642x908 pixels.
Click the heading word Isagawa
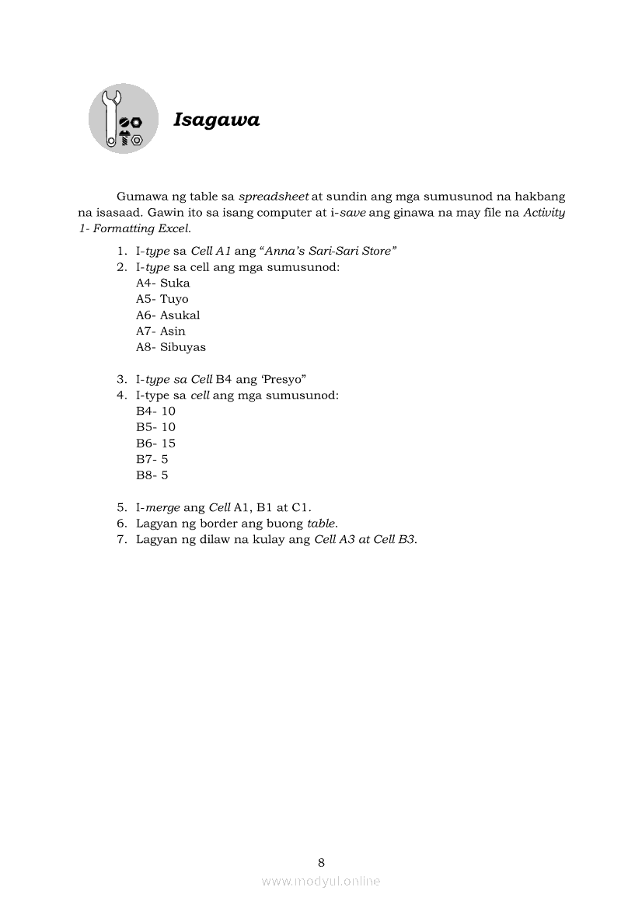pyautogui.click(x=216, y=120)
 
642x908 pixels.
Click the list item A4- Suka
pyautogui.click(x=162, y=284)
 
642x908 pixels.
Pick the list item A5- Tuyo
pyautogui.click(x=162, y=299)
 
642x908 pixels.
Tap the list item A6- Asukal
pyautogui.click(x=168, y=315)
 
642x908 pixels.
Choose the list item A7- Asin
pyautogui.click(x=161, y=332)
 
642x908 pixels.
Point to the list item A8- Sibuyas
pyautogui.click(x=171, y=347)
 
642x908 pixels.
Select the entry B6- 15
pyautogui.click(x=155, y=444)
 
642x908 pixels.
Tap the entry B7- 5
pyautogui.click(x=152, y=459)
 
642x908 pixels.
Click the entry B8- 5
pyautogui.click(x=152, y=475)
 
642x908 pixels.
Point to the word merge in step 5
pyautogui.click(x=163, y=508)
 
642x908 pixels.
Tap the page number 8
pyautogui.click(x=321, y=862)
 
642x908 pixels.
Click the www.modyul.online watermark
pyautogui.click(x=321, y=881)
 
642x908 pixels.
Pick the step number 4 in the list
pyautogui.click(x=121, y=395)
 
